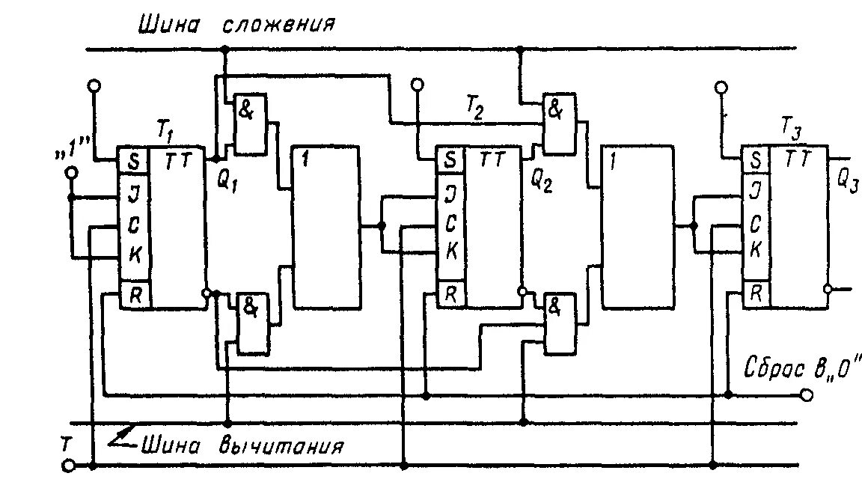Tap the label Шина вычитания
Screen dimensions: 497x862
coord(242,446)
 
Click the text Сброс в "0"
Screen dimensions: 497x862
coord(804,368)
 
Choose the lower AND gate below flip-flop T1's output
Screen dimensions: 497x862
coord(252,323)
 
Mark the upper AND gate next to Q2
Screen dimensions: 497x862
coord(560,124)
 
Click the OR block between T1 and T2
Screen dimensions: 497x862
coord(325,228)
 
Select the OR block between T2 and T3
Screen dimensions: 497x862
coord(635,228)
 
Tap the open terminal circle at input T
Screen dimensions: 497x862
coord(69,466)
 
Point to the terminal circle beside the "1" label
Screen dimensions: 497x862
coord(72,173)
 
